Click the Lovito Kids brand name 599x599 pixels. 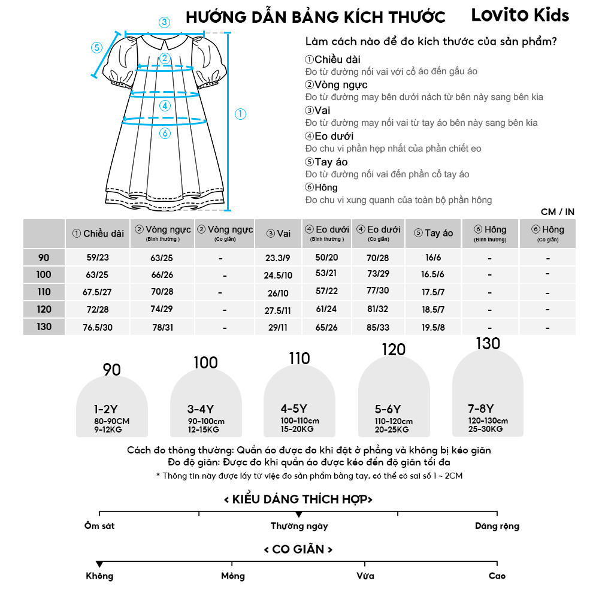click(x=520, y=15)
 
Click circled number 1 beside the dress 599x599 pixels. click(x=240, y=114)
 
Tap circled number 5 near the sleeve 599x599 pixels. click(x=96, y=47)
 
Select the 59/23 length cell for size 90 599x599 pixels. click(x=98, y=258)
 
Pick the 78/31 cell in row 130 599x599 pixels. click(x=162, y=327)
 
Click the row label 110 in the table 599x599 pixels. click(x=44, y=292)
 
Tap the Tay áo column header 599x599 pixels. click(x=433, y=233)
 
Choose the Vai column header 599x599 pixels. click(x=279, y=233)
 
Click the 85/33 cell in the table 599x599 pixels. click(x=378, y=327)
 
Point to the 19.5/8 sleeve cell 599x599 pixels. click(x=433, y=327)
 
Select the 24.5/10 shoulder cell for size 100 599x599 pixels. click(x=279, y=275)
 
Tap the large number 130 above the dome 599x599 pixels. click(x=488, y=344)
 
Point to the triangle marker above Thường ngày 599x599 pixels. click(x=298, y=515)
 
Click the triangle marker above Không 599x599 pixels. click(x=99, y=564)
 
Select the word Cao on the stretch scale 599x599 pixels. click(x=497, y=576)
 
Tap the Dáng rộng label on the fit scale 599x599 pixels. click(x=497, y=526)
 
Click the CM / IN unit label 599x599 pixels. click(x=557, y=211)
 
